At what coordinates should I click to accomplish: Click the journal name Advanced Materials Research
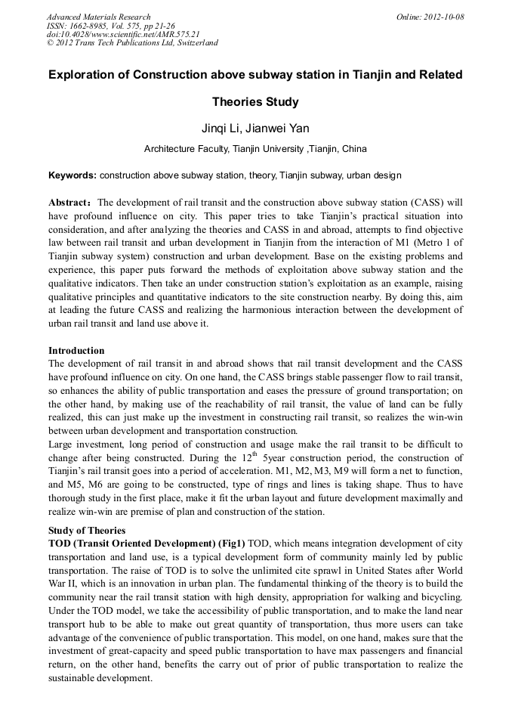[98, 17]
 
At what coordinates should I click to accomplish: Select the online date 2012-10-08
[443, 17]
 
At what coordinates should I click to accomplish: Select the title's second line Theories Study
[255, 101]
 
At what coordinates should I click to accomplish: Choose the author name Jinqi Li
[217, 129]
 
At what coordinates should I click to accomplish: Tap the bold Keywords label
[72, 175]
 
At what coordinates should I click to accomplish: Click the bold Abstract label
[69, 203]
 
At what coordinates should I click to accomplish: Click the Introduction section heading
[76, 351]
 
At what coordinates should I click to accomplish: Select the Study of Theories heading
[87, 530]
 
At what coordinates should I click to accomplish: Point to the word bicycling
[438, 598]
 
